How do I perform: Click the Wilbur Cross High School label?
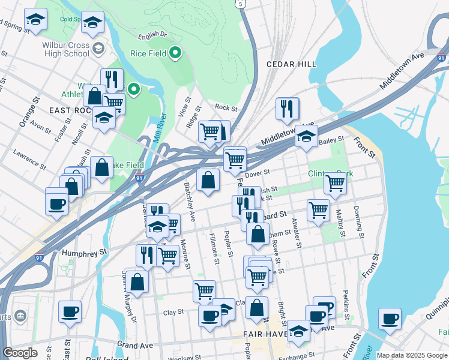[65, 49]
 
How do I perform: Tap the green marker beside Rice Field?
[175, 53]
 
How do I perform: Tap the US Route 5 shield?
[241, 4]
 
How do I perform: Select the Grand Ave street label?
[135, 345]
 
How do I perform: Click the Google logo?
[20, 353]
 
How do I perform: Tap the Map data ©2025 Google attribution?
[411, 355]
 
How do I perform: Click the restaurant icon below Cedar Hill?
[288, 109]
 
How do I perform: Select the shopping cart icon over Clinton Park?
[335, 184]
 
